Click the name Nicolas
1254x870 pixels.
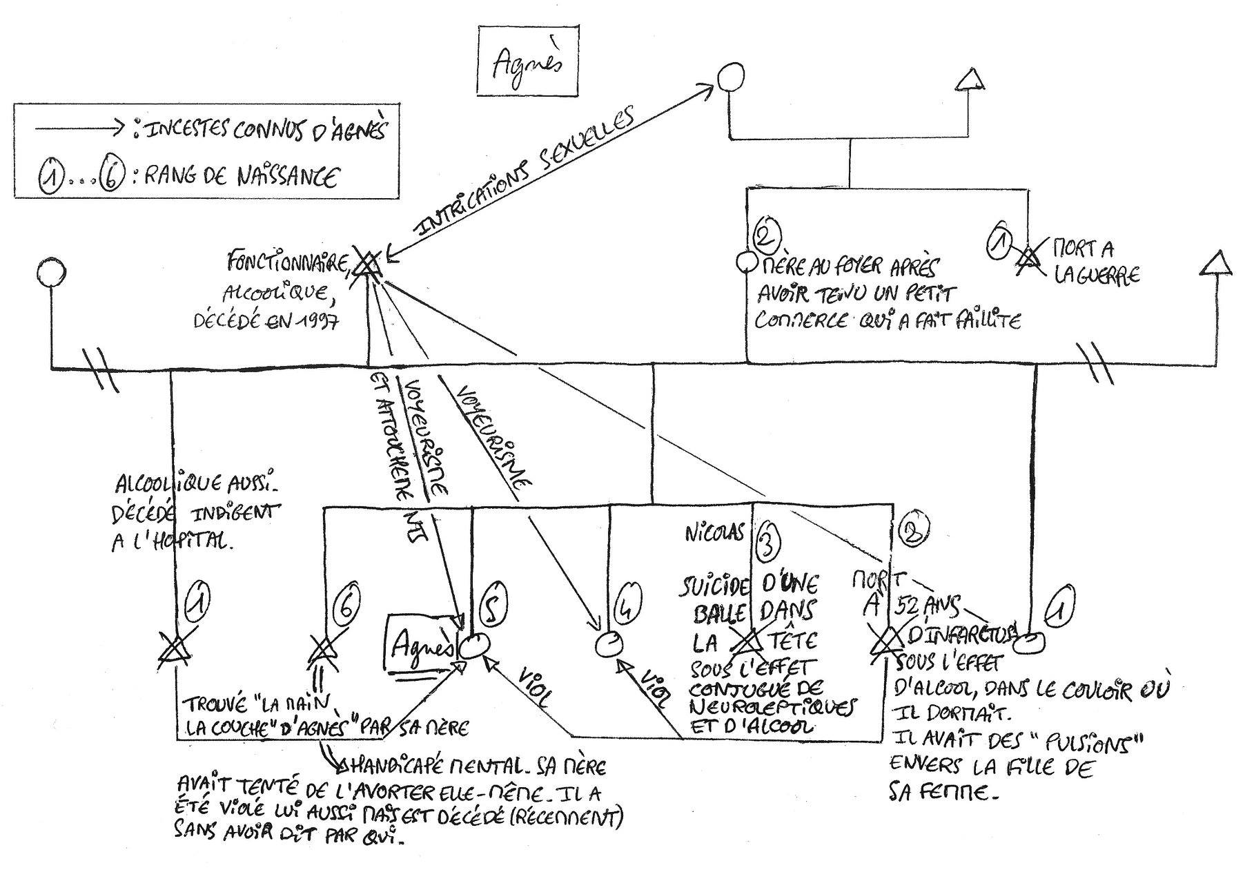point(715,533)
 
